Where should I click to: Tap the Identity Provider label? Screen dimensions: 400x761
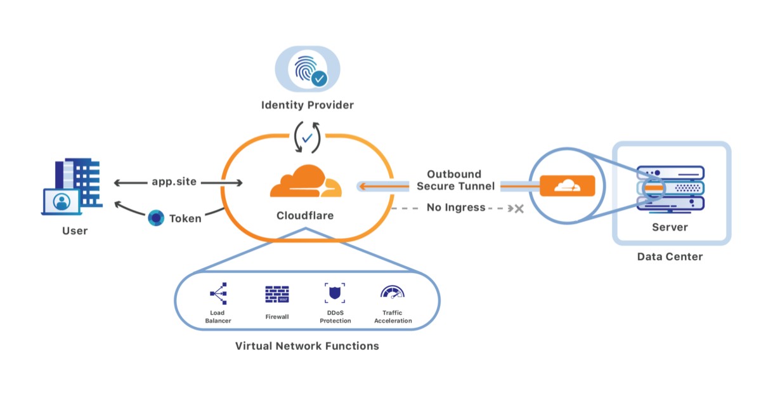click(x=308, y=105)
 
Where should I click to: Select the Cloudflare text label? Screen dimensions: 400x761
click(x=305, y=216)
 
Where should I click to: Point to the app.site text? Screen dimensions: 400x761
click(x=174, y=182)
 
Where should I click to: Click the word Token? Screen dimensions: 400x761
click(x=185, y=218)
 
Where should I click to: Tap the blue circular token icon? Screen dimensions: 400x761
click(x=155, y=218)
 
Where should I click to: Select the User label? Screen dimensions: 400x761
click(x=75, y=230)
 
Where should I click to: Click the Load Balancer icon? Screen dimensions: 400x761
click(x=218, y=293)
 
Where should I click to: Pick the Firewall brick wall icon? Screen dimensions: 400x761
click(x=277, y=294)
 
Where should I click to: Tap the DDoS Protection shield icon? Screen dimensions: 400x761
click(x=335, y=293)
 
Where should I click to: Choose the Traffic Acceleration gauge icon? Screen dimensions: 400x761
click(x=393, y=293)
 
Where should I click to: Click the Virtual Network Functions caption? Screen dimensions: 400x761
click(x=307, y=346)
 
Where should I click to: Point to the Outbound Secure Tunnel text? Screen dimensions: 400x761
click(x=453, y=180)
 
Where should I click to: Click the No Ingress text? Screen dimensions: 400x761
click(x=456, y=208)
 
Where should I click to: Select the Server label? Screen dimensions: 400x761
click(x=670, y=227)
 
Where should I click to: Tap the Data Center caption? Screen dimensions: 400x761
click(x=670, y=257)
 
